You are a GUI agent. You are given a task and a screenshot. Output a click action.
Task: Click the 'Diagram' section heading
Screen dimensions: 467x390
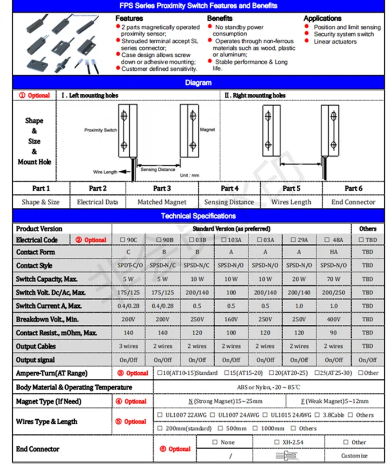198,83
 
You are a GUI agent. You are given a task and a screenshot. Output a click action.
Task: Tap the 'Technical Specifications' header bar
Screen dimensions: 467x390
198,216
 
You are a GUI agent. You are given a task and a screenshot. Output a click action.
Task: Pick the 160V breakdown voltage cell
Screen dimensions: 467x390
231,319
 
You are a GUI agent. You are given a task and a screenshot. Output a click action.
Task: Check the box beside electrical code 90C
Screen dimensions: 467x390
127,240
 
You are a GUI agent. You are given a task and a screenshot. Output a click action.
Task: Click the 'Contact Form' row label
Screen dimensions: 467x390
35,252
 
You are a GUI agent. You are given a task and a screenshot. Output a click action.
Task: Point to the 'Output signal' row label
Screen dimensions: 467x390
35,360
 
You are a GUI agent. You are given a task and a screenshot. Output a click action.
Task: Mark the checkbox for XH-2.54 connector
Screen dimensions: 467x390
277,442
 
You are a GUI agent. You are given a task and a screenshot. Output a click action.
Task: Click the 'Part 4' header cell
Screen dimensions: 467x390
229,188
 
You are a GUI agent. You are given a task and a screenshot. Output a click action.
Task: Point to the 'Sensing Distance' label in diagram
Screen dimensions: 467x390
157,169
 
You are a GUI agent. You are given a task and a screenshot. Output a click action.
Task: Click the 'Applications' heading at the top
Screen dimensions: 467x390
323,19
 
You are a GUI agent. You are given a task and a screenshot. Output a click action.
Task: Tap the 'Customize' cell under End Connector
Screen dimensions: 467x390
354,455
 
